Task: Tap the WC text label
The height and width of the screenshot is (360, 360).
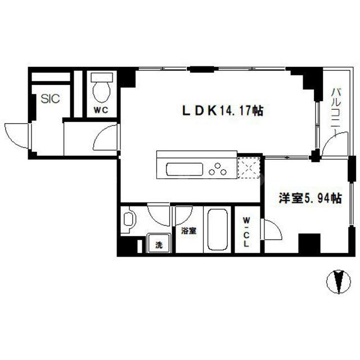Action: point(101,110)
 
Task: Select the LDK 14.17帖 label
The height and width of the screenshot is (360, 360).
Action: point(221,111)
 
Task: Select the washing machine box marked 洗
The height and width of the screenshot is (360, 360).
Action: point(159,245)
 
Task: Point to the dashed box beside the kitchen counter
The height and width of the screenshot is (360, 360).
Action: point(247,168)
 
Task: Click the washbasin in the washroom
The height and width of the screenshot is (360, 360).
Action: point(128,220)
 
